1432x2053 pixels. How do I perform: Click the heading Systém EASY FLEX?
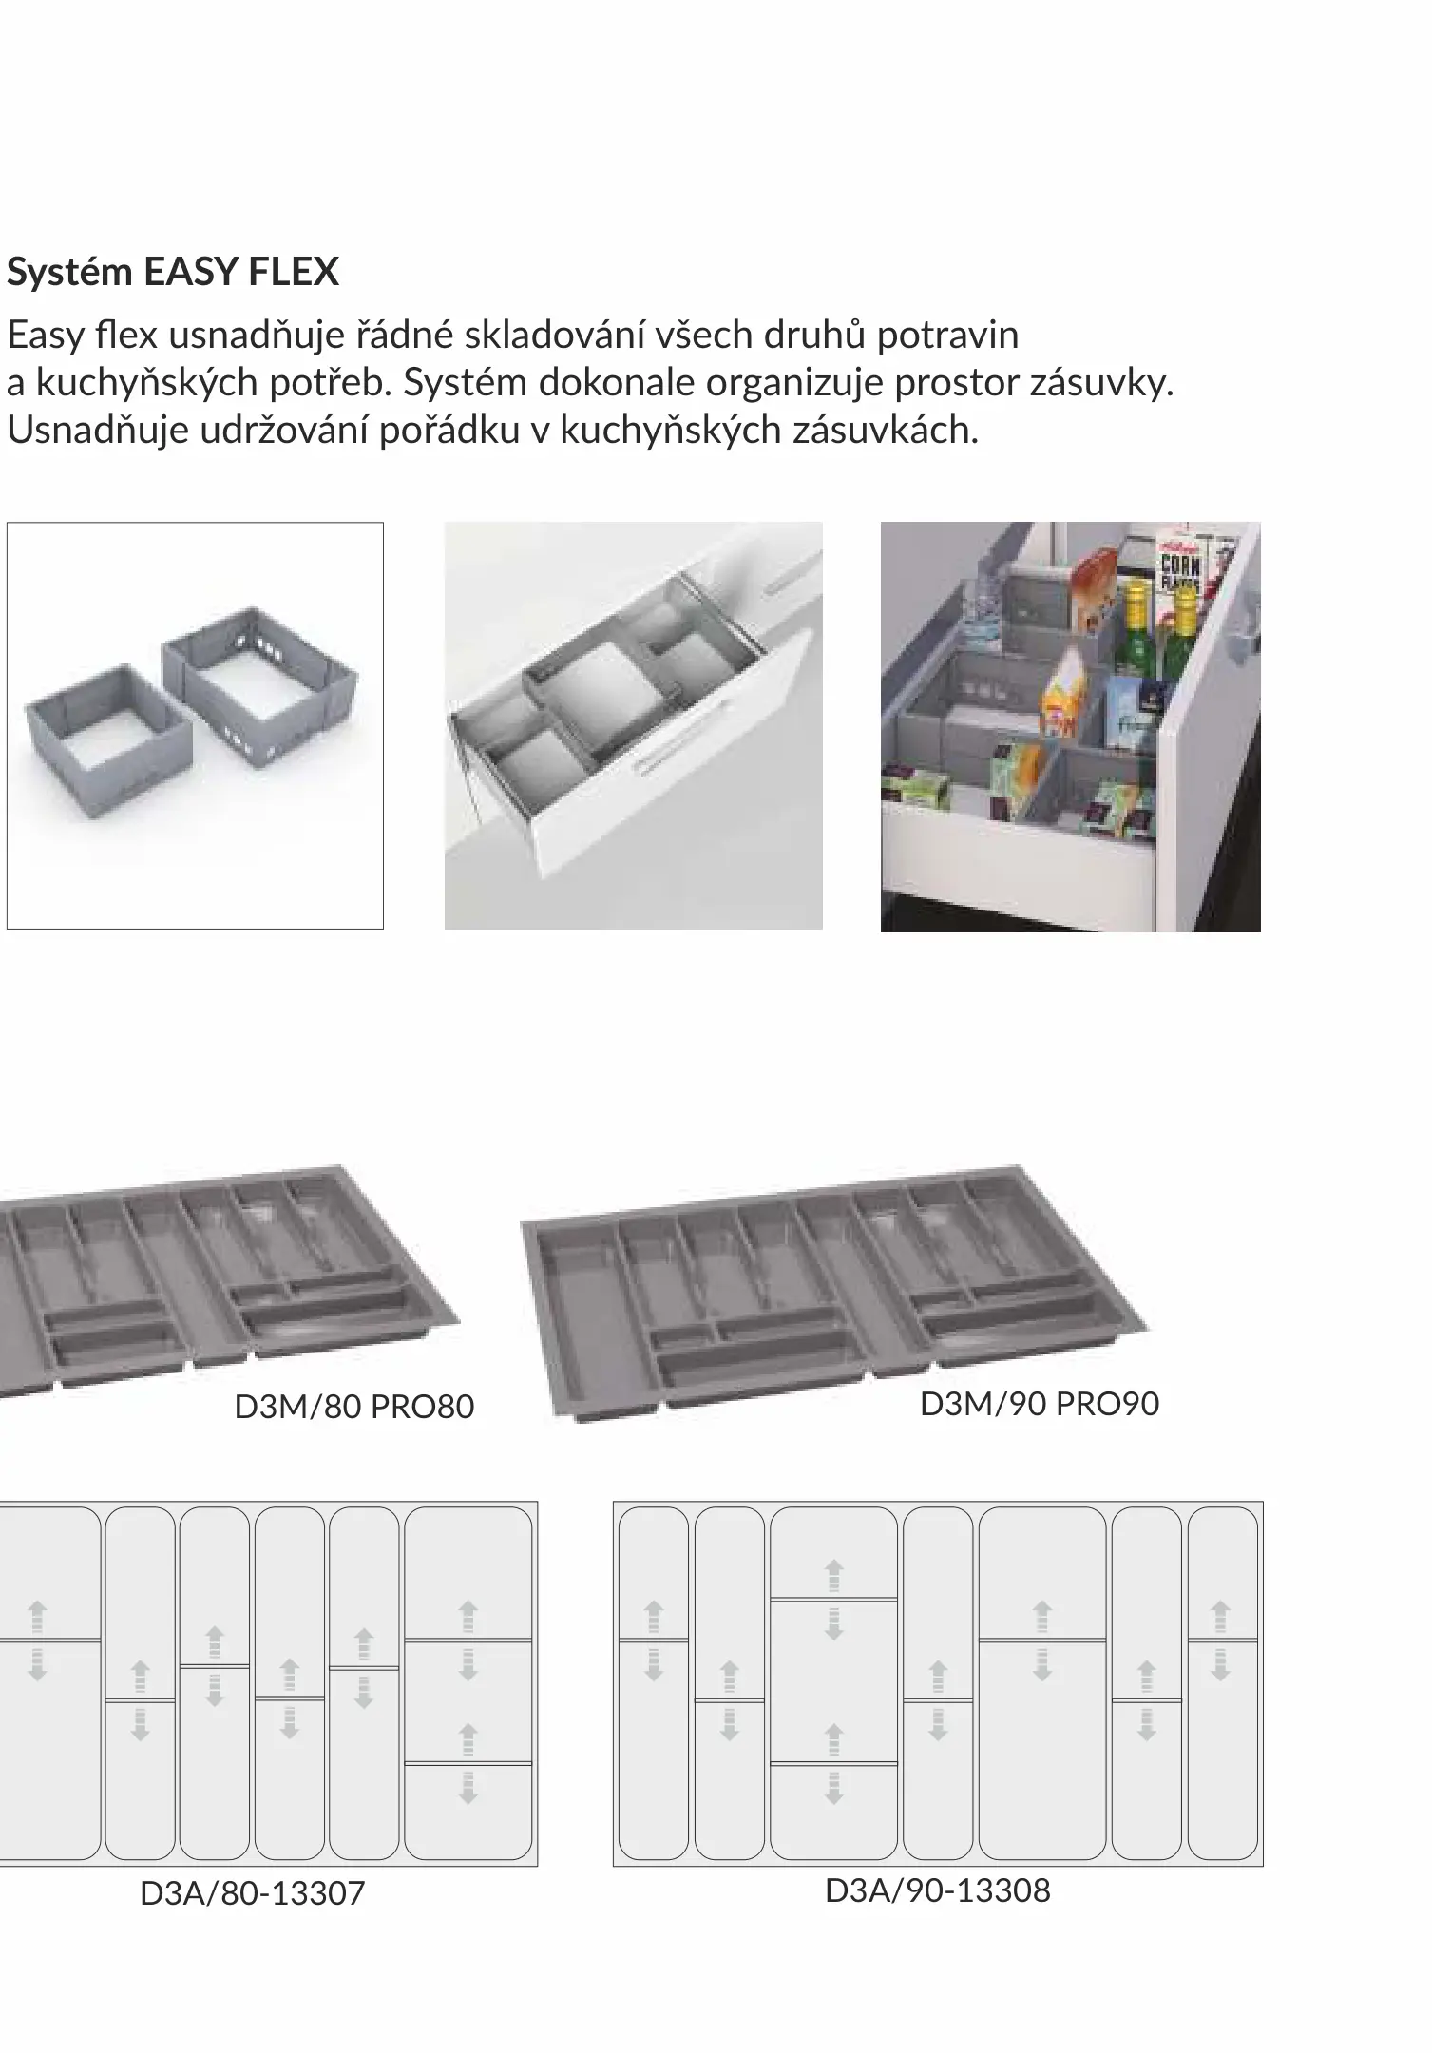click(x=173, y=273)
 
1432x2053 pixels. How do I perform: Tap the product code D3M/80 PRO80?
click(x=354, y=1407)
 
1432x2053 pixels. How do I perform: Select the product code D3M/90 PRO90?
click(x=1040, y=1404)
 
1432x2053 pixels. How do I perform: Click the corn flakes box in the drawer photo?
click(x=1179, y=570)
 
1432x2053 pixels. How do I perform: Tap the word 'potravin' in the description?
click(x=947, y=336)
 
